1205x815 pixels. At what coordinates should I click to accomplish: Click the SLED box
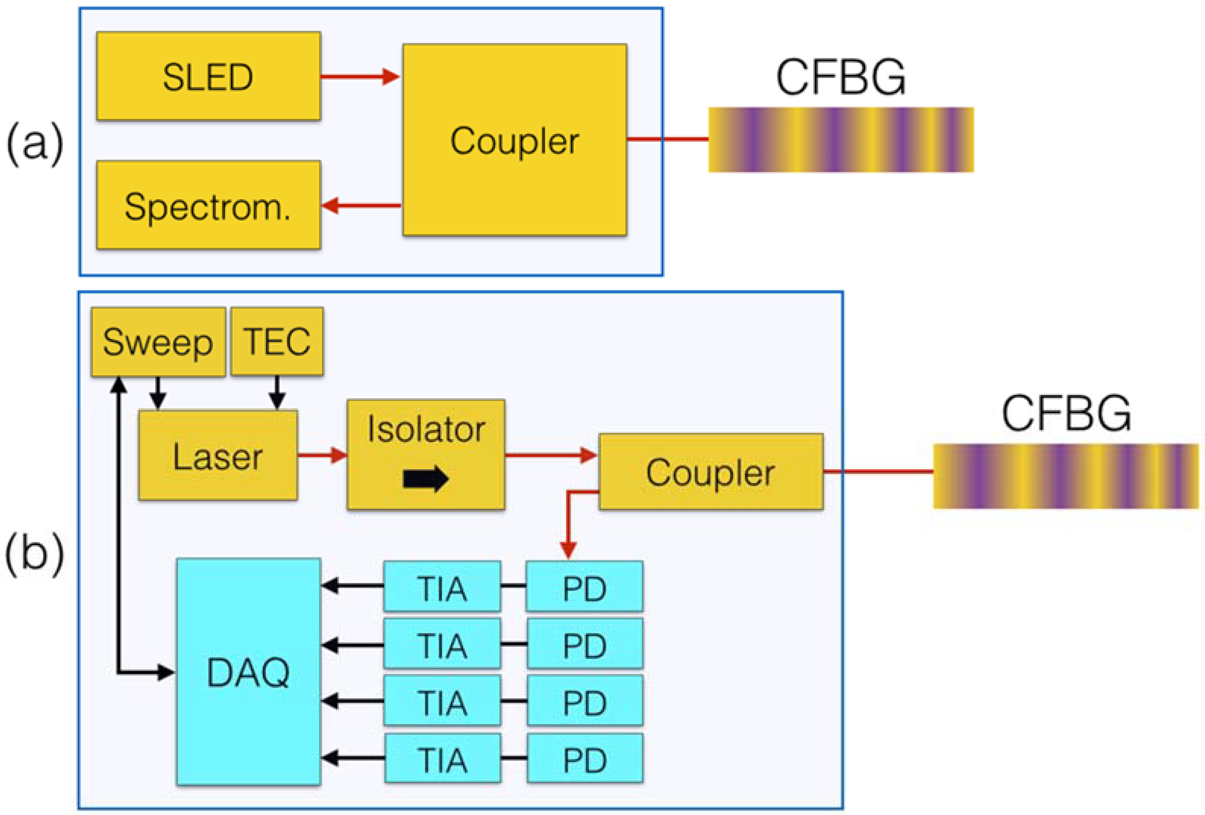click(208, 76)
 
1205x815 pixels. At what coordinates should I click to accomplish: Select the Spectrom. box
click(208, 205)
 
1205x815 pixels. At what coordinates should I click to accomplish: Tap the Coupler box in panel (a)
click(514, 140)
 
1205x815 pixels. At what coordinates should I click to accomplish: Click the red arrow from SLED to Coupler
click(360, 77)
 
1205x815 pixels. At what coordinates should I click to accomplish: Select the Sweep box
click(158, 342)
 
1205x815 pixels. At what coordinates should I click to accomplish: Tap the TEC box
click(277, 342)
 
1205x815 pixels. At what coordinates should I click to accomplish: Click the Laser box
click(218, 455)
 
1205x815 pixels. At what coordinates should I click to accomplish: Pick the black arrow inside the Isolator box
click(425, 478)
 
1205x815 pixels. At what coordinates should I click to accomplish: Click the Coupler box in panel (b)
click(710, 472)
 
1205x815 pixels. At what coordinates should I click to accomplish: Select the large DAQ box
click(248, 672)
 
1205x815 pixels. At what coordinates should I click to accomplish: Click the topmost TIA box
click(442, 586)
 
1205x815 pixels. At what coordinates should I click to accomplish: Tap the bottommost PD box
click(585, 759)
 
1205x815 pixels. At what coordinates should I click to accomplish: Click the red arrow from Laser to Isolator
click(322, 455)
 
